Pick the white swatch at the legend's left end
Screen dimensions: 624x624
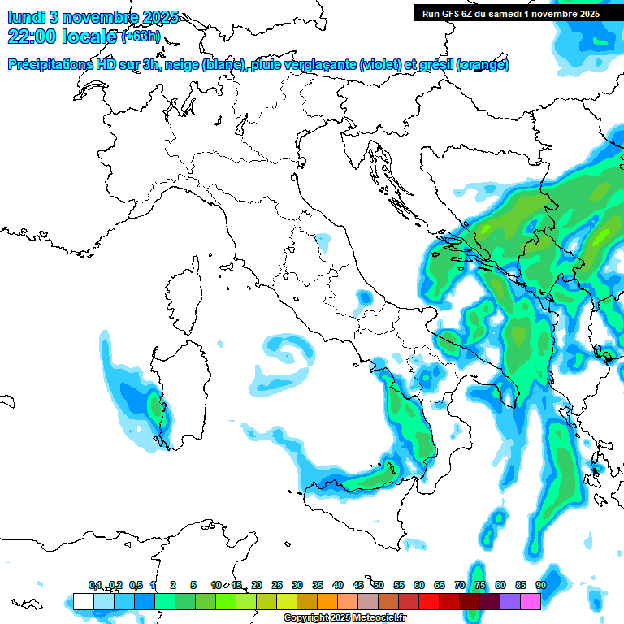pyautogui.click(x=83, y=602)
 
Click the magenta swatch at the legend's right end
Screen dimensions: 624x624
pyautogui.click(x=531, y=602)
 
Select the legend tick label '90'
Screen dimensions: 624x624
pyautogui.click(x=540, y=586)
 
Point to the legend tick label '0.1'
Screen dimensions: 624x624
pyautogui.click(x=95, y=586)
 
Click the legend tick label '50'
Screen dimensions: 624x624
pyautogui.click(x=379, y=586)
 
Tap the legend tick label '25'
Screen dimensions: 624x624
pyautogui.click(x=277, y=586)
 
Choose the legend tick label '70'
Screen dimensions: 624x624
pyautogui.click(x=460, y=586)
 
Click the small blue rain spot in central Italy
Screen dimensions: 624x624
pyautogui.click(x=323, y=241)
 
